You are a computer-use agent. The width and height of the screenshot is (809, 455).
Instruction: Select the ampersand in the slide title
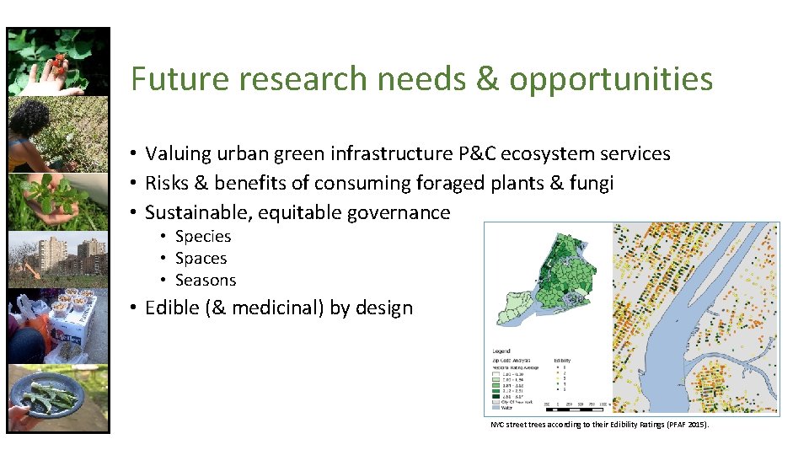click(487, 80)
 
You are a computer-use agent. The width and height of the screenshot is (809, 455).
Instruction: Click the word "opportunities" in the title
click(611, 80)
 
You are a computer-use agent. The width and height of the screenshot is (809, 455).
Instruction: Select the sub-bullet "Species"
click(203, 237)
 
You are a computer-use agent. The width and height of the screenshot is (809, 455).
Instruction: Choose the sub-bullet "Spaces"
click(201, 259)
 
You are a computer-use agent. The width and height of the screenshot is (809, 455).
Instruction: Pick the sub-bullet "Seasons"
click(206, 281)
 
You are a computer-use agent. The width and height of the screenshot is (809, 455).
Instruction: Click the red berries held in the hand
click(58, 62)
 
